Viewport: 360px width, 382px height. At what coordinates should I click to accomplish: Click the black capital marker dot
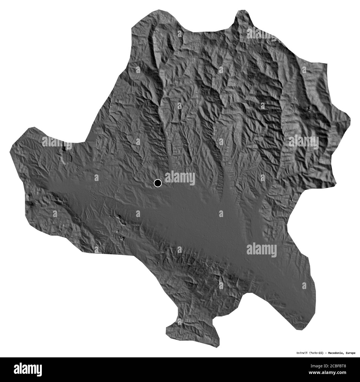(158, 183)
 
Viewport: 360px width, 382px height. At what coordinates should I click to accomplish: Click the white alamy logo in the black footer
(31, 369)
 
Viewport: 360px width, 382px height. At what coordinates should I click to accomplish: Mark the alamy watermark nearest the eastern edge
(303, 141)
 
